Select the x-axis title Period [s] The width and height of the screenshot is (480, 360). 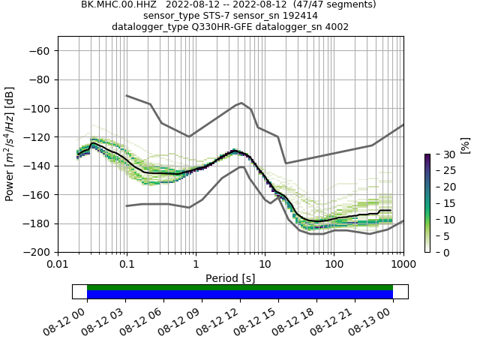(230, 278)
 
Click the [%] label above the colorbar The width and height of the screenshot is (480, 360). (465, 145)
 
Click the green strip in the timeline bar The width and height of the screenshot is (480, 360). (240, 287)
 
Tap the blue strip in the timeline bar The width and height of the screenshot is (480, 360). (240, 295)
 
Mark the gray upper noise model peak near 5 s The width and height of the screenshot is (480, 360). (241, 103)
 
